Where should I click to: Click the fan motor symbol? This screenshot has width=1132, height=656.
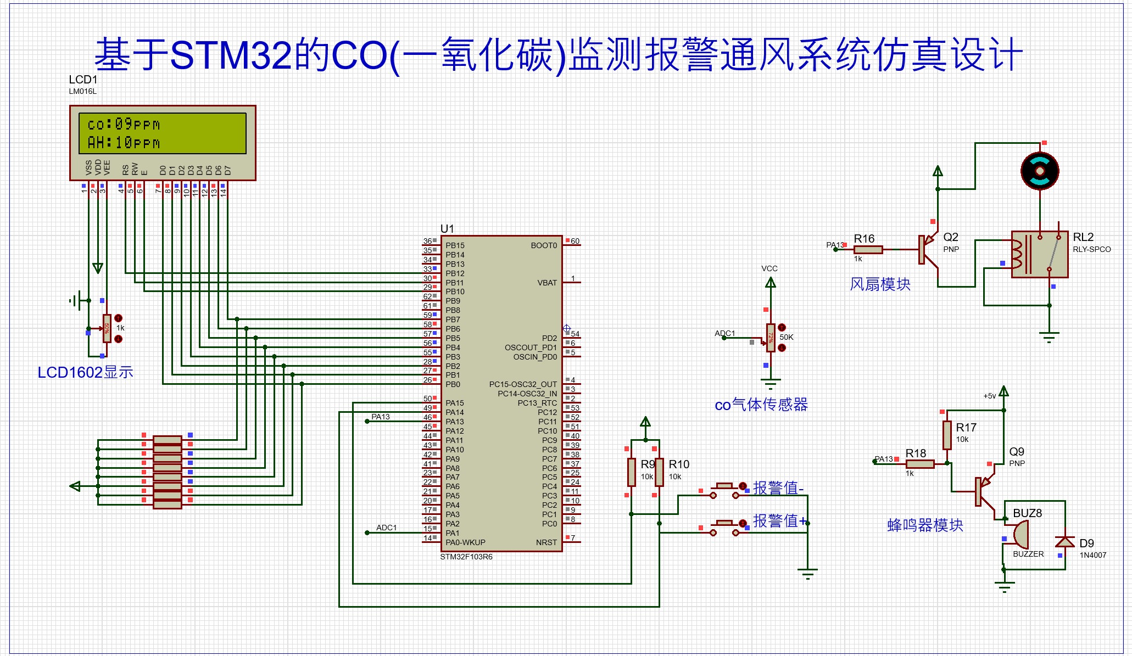coord(1039,171)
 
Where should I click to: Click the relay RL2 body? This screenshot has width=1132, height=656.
coord(1039,254)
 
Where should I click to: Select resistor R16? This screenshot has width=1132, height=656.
coord(868,250)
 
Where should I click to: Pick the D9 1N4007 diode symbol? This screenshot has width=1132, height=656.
coord(1065,542)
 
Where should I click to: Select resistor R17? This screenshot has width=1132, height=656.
coord(947,435)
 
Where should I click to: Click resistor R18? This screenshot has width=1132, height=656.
coord(919,464)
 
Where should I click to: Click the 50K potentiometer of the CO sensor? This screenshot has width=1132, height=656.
coord(771,337)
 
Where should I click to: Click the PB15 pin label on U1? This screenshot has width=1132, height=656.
coord(455,245)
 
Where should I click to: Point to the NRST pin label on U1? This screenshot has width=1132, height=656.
coord(546,542)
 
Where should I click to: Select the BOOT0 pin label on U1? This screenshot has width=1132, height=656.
coord(543,245)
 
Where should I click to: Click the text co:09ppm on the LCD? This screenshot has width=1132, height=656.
coord(124,125)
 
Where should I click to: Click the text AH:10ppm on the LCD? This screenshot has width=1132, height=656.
coord(124,143)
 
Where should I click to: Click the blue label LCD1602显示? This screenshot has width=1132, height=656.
coord(85,372)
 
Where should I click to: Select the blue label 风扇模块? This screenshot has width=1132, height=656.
coord(880,284)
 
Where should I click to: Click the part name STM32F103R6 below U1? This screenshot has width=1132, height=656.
coord(466,557)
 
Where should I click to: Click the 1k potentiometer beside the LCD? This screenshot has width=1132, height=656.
coord(107,328)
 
